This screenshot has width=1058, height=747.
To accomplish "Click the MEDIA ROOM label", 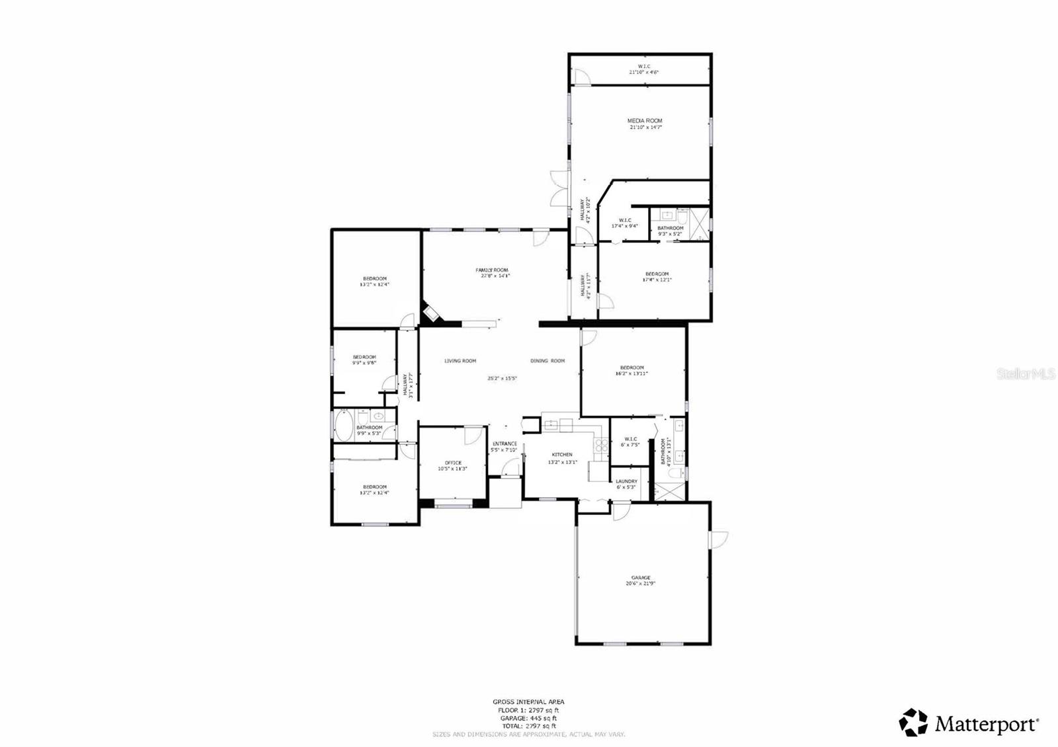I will pyautogui.click(x=645, y=121).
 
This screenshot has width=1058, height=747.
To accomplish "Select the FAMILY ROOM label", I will pyautogui.click(x=492, y=270).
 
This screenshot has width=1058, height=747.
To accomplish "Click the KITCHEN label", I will pyautogui.click(x=562, y=455).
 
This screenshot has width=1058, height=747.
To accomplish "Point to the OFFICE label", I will pyautogui.click(x=453, y=463).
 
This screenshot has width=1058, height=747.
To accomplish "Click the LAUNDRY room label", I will pyautogui.click(x=626, y=481).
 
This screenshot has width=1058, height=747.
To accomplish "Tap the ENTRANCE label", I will pyautogui.click(x=505, y=444).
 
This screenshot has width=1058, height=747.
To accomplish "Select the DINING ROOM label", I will pyautogui.click(x=548, y=361).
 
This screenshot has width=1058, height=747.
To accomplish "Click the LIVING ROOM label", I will pyautogui.click(x=460, y=361).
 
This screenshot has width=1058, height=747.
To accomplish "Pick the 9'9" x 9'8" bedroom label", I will pyautogui.click(x=364, y=357).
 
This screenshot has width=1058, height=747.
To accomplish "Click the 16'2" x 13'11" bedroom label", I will pyautogui.click(x=631, y=368).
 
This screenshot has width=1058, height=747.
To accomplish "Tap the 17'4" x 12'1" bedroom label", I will pyautogui.click(x=657, y=274).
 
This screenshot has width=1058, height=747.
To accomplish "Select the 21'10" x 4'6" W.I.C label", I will pyautogui.click(x=643, y=66).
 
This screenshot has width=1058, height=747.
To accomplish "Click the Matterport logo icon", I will pyautogui.click(x=913, y=723).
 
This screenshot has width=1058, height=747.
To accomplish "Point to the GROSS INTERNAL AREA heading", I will pyautogui.click(x=528, y=702).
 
